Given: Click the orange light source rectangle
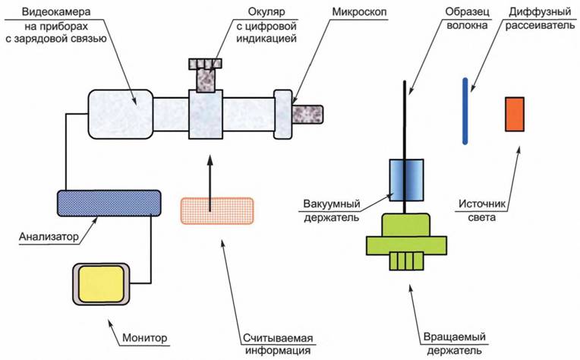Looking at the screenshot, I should tap(515, 113).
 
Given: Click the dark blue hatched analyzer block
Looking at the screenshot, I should tap(109, 201).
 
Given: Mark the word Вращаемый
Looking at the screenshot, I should tap(454, 337).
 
